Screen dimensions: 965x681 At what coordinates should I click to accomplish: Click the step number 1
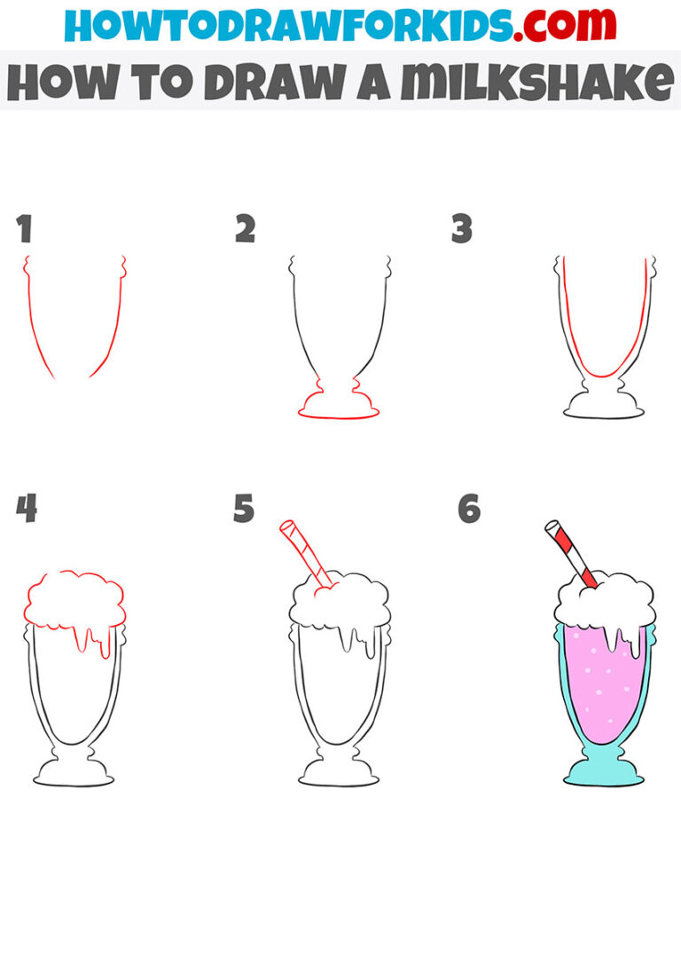[24, 230]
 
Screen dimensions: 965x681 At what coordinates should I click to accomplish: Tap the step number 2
[245, 230]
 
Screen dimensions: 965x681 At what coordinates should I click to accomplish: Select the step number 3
[462, 230]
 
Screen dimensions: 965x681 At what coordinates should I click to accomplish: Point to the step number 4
[26, 510]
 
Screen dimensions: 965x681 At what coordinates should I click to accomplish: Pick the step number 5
[244, 510]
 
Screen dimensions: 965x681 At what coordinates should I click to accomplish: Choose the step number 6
[468, 510]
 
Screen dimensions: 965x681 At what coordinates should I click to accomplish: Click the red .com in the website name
[556, 27]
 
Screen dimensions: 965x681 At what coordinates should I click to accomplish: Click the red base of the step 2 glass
[339, 407]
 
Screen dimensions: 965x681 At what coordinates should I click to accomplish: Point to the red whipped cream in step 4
[74, 599]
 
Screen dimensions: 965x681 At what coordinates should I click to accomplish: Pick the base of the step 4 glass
[74, 773]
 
